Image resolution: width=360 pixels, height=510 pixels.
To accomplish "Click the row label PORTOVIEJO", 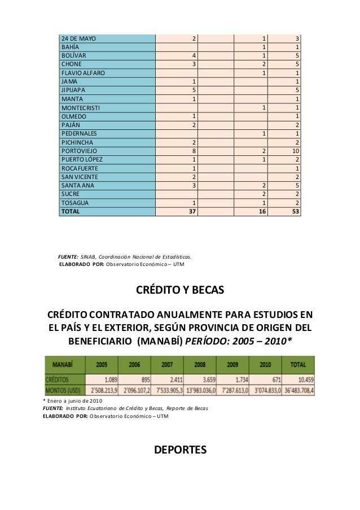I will click(x=80, y=151).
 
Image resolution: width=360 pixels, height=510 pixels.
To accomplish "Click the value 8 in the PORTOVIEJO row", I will click(x=194, y=151).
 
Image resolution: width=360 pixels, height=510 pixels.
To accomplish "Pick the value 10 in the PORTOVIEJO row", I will click(x=295, y=151).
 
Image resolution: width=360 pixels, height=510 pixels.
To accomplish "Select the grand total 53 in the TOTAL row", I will click(x=295, y=212).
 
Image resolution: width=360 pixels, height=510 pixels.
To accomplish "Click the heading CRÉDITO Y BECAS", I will click(x=180, y=291).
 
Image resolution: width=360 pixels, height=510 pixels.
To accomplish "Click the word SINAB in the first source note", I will click(x=87, y=256).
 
